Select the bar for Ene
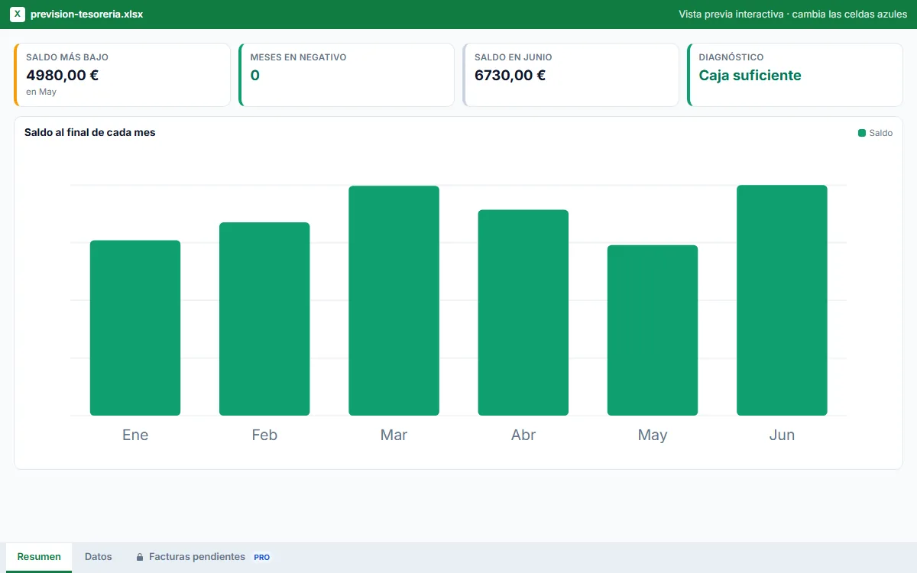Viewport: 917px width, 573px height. (x=135, y=328)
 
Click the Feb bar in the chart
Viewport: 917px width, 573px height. (x=264, y=319)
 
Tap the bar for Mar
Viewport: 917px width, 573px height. (x=394, y=300)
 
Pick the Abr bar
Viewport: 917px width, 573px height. (x=523, y=312)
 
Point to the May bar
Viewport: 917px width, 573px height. (x=653, y=330)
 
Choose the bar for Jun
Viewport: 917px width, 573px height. (x=782, y=300)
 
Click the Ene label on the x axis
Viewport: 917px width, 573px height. (x=135, y=435)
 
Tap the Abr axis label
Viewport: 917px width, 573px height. (x=523, y=435)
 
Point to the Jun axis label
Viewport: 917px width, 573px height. (x=782, y=435)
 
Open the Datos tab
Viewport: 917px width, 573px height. (x=99, y=557)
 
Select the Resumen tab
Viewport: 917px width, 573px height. (x=39, y=557)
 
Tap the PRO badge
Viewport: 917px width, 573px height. (x=261, y=557)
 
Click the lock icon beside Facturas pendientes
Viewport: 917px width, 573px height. (x=140, y=557)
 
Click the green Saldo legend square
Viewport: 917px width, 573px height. (x=862, y=133)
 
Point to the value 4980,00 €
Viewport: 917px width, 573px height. (x=62, y=76)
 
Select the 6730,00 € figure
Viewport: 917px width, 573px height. (x=510, y=76)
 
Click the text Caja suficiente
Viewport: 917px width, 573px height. (x=750, y=76)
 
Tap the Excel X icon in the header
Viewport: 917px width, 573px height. (x=17, y=15)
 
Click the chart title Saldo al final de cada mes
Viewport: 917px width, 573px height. (x=89, y=132)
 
